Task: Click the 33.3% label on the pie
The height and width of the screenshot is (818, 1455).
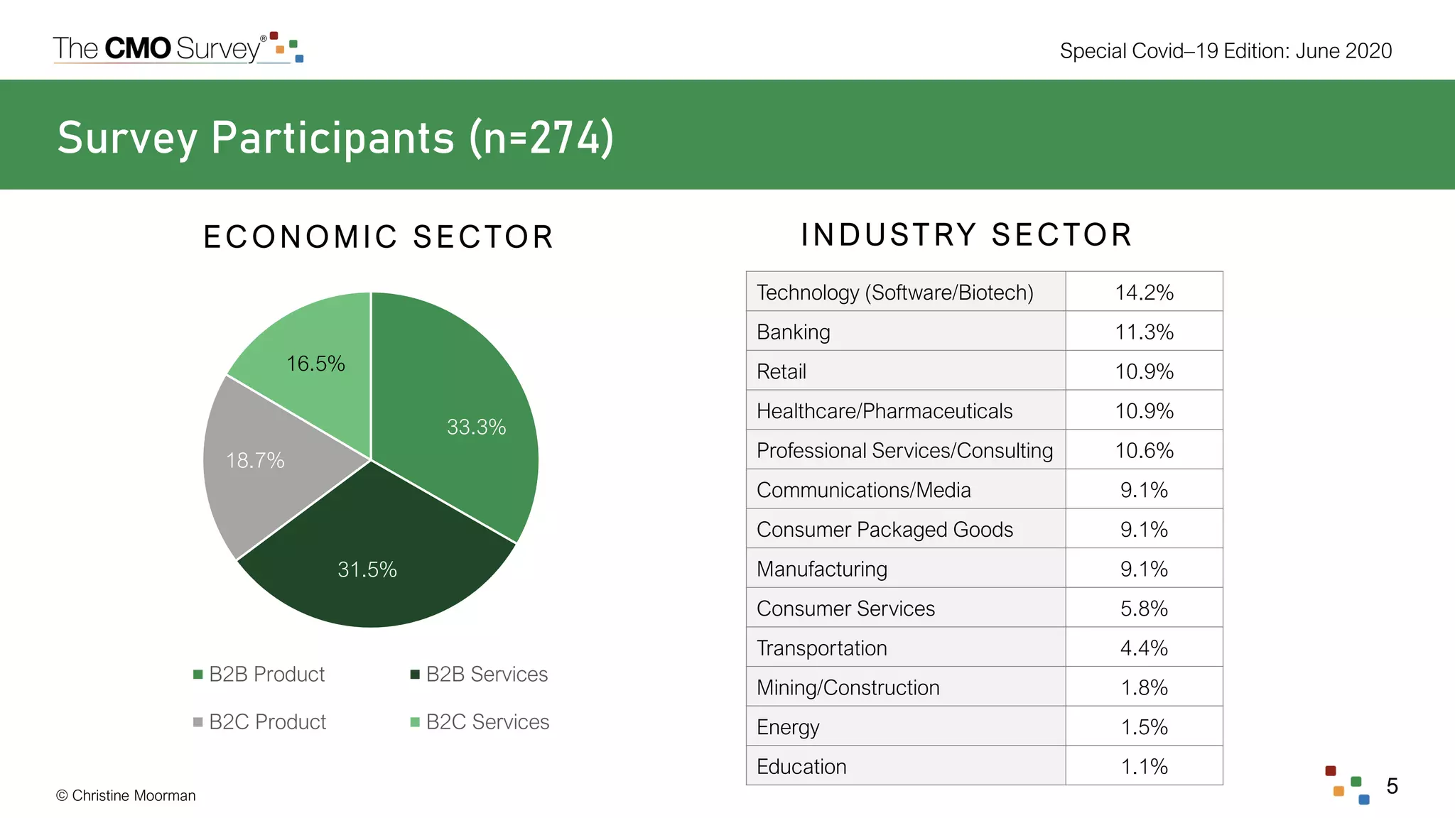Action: (476, 427)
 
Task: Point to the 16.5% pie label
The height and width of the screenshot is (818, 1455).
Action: (315, 364)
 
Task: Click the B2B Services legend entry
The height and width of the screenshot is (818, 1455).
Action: (480, 674)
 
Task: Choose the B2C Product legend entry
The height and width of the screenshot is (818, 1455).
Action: (260, 721)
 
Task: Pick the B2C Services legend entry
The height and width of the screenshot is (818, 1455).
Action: (480, 721)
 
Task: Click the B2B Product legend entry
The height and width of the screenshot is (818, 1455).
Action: (259, 674)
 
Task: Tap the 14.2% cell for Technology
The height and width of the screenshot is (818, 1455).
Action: (1144, 292)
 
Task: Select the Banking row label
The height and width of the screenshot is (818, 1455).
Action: (793, 332)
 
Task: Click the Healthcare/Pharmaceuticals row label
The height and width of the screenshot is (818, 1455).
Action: (884, 410)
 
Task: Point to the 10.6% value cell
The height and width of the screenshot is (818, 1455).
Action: (1144, 450)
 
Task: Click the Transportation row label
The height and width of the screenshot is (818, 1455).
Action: (821, 648)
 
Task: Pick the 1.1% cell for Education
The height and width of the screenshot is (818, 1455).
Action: (1144, 766)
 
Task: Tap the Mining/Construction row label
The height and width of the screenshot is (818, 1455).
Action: (848, 687)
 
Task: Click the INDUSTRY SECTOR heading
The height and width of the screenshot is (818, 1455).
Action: (966, 234)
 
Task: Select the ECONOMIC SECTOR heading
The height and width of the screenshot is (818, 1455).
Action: (378, 236)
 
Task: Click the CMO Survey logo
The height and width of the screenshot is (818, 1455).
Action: (178, 48)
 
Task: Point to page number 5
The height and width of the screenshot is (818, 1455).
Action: (1392, 785)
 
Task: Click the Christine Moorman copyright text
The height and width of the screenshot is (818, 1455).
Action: (126, 795)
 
